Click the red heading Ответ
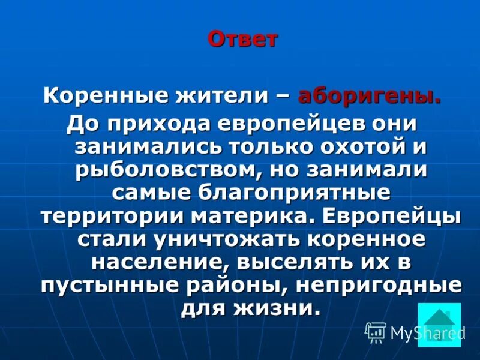click(x=243, y=40)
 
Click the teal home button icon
click(x=439, y=324)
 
